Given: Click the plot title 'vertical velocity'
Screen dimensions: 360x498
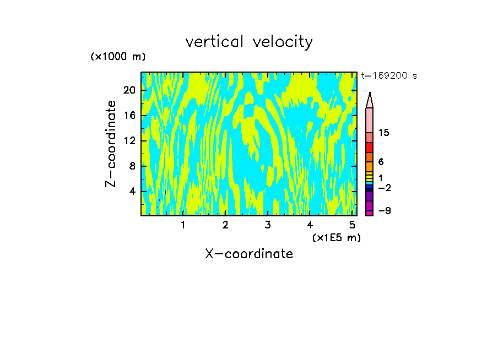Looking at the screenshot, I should pos(249,42).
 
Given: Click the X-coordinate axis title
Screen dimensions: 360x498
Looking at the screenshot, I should pos(249,254).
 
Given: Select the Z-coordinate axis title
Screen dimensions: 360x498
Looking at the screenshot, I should pos(111,144).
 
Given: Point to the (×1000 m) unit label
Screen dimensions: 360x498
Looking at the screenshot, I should pos(118,57).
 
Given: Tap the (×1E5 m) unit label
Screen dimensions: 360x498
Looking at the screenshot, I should pos(336,237).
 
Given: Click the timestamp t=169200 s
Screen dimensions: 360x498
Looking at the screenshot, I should pos(388,76).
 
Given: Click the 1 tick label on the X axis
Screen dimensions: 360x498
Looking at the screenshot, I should pos(183,225).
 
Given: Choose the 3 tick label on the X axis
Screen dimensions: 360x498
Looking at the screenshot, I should pos(267,225).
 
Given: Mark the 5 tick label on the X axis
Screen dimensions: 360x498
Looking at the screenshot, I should pos(352,225).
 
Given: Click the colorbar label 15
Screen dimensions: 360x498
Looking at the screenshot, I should pos(384,133).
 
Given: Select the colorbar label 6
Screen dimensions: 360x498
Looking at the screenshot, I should pos(381,162).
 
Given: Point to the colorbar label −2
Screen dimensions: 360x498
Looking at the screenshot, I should pos(384,188).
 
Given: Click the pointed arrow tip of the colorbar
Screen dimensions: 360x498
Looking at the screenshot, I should pos(370,95).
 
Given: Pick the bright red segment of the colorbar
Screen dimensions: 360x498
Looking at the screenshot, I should pos(370,148).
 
